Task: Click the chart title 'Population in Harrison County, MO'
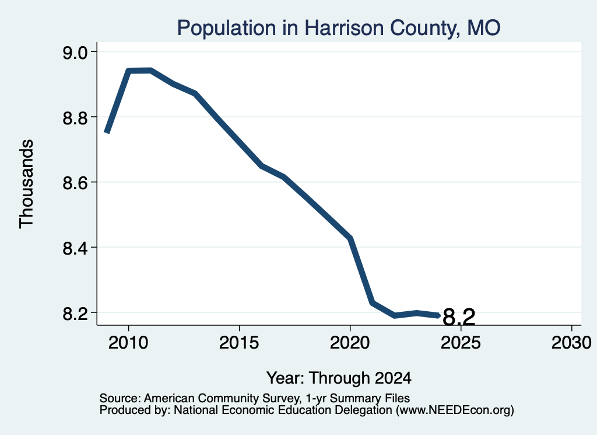339,28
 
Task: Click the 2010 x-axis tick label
128,342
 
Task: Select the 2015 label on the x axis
239,342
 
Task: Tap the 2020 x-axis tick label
350,342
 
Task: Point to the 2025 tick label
461,342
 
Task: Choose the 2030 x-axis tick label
571,342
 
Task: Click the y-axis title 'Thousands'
27,184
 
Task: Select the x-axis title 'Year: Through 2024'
339,378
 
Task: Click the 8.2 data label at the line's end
459,317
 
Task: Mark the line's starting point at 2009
107,133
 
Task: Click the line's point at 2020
350,239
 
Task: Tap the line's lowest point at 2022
395,315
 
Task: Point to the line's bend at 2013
195,93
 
